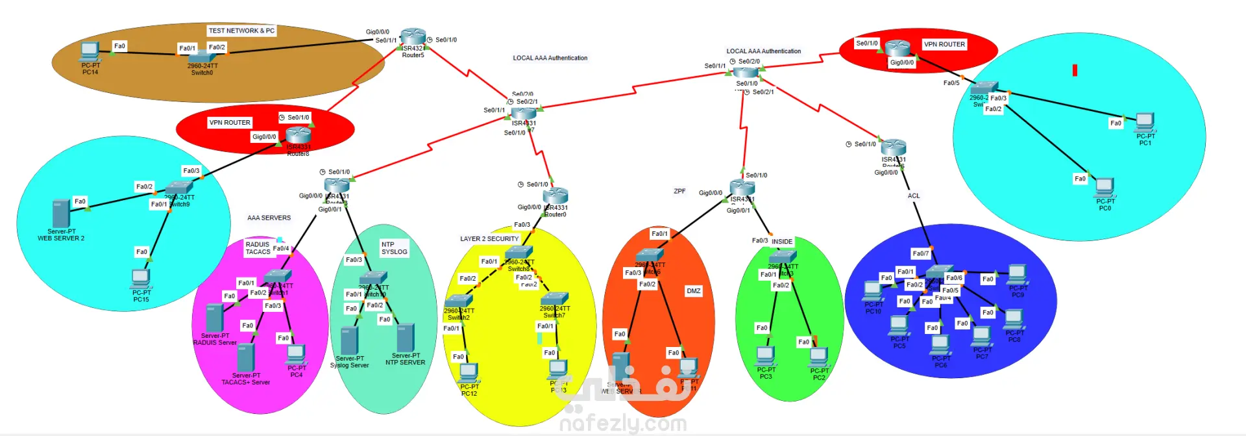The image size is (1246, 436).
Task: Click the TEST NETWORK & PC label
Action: coord(241,31)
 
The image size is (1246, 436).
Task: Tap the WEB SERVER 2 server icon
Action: coord(61,214)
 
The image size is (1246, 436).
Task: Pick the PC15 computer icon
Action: coord(140,279)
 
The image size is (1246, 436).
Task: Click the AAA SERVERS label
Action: coord(269,218)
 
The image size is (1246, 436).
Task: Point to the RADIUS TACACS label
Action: coord(258,248)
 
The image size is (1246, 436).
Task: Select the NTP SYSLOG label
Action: coord(394,248)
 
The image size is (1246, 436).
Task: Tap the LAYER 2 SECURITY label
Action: coord(489,239)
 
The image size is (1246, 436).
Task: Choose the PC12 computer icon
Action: coord(469,373)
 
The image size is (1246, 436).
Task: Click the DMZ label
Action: coord(693,291)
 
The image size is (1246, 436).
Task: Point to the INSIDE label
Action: coord(781,242)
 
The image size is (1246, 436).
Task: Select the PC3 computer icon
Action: coord(766,356)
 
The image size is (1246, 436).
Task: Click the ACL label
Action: coord(913,196)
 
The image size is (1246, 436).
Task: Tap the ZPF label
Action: coord(679,192)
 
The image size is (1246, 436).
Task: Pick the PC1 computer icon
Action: coord(1145,122)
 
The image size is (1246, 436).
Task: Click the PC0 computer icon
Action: coord(1105,188)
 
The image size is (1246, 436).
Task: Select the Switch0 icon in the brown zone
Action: coord(202,57)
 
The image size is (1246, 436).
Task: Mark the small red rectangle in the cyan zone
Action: coord(1075,70)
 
